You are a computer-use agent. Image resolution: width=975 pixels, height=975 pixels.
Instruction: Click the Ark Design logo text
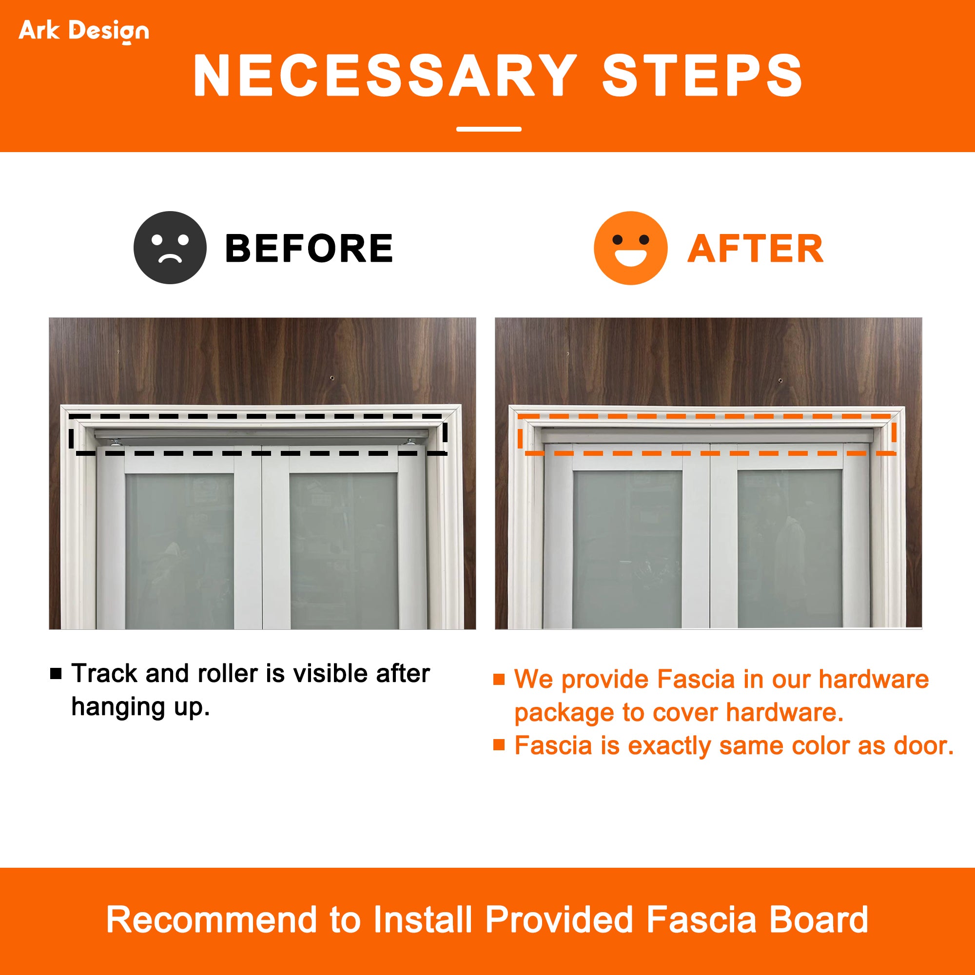[x=84, y=31]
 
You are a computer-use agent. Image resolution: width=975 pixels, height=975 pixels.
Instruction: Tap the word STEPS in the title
[x=702, y=76]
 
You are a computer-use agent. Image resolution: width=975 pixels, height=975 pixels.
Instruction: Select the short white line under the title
[x=488, y=129]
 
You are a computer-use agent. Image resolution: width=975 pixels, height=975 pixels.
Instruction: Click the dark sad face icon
[x=170, y=247]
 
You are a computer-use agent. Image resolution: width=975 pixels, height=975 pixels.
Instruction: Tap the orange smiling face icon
[x=630, y=248]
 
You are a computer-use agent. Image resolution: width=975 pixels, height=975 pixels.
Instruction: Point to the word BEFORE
[x=309, y=248]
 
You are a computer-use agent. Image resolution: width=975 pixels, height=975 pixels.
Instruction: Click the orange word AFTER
[x=755, y=249]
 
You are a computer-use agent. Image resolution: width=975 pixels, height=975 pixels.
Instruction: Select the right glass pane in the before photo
[x=344, y=551]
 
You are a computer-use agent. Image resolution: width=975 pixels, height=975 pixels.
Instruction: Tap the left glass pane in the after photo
[x=627, y=549]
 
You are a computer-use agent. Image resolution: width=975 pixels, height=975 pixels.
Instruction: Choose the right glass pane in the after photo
[x=790, y=549]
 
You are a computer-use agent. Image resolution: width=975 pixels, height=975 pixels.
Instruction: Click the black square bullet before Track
[x=56, y=674]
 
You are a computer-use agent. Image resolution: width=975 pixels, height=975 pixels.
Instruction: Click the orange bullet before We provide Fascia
[x=499, y=679]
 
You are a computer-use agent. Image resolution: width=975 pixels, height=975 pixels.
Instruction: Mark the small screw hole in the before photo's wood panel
[x=331, y=377]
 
